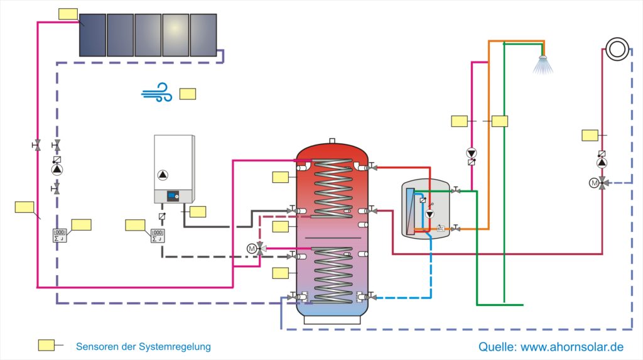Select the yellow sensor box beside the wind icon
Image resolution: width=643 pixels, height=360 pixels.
pyautogui.click(x=187, y=94)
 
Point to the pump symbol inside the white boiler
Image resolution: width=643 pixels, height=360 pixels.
pyautogui.click(x=163, y=175)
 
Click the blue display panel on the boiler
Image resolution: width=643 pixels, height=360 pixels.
pyautogui.click(x=171, y=197)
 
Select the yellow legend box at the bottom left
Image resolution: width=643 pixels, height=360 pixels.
pyautogui.click(x=46, y=344)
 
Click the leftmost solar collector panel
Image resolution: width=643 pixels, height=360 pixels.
pyautogui.click(x=92, y=35)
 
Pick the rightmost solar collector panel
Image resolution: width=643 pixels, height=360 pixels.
pyautogui.click(x=203, y=35)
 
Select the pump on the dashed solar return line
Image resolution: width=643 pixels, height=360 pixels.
pyautogui.click(x=57, y=169)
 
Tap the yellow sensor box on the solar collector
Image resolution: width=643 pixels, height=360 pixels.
pyautogui.click(x=67, y=14)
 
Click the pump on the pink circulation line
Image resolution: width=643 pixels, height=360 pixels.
pyautogui.click(x=471, y=153)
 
